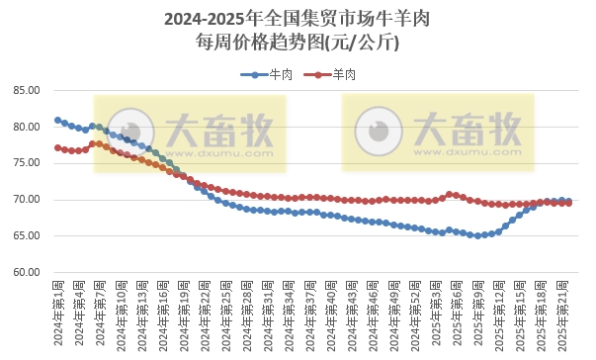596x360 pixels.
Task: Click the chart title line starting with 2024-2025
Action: click(297, 19)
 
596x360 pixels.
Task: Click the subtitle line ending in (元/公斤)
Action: click(297, 43)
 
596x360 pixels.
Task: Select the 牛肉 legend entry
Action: click(280, 74)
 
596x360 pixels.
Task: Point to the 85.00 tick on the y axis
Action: click(27, 91)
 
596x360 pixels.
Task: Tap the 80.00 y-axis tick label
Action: click(27, 128)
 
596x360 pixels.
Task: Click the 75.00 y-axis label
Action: click(27, 164)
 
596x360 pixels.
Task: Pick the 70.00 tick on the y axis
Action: click(27, 200)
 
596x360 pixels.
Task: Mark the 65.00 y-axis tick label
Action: click(27, 236)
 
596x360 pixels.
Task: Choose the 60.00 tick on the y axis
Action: click(27, 273)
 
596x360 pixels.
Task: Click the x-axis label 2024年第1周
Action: click(58, 313)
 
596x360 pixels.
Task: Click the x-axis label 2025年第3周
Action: click(435, 313)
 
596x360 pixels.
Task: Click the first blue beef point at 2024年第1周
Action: click(58, 121)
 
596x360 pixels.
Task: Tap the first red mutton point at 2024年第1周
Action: click(58, 147)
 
